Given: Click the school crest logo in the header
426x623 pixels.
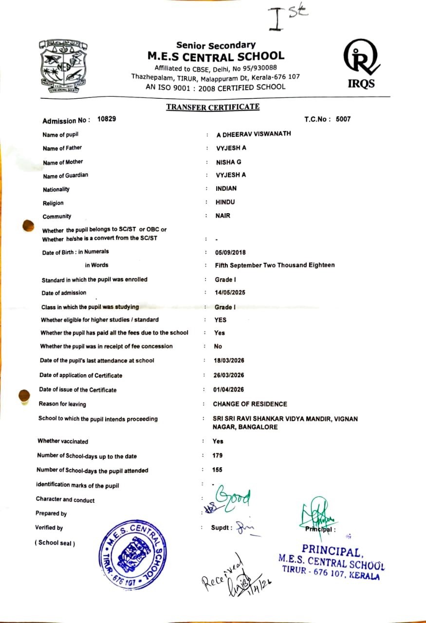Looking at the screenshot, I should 62,67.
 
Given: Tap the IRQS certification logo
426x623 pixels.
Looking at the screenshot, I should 361,63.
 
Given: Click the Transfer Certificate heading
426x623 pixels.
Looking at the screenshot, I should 212,107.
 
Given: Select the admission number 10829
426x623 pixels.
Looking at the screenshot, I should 107,119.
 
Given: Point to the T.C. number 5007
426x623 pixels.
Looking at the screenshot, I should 343,119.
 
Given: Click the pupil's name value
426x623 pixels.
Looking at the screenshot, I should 253,134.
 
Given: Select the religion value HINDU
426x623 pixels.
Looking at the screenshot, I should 225,202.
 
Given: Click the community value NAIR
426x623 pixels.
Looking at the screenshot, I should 223,216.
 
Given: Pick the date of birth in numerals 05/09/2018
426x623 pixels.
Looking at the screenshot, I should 231,252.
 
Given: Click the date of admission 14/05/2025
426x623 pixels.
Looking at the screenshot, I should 230,293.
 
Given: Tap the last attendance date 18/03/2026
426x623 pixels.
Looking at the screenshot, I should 228,360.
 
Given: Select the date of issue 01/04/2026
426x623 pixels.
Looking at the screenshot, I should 228,389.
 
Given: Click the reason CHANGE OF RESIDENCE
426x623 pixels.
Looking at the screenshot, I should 250,404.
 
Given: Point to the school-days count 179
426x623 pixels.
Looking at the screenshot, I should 218,456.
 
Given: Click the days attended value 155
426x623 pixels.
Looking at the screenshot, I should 217,470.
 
